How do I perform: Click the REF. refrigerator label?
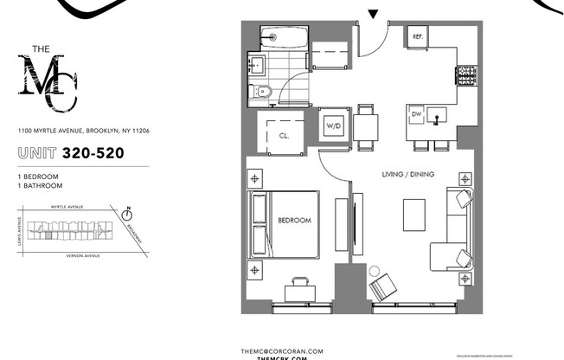point(418,37)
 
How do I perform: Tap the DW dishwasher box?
point(416,114)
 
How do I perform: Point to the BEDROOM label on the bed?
point(294,221)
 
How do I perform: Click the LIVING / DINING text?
point(407,175)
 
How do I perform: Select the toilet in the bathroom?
point(264,91)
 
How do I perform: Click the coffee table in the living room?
point(414,214)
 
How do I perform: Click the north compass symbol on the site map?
point(127,211)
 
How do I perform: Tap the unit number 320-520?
point(97,154)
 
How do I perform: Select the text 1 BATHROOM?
point(40,185)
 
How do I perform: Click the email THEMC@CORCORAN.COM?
point(282,350)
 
